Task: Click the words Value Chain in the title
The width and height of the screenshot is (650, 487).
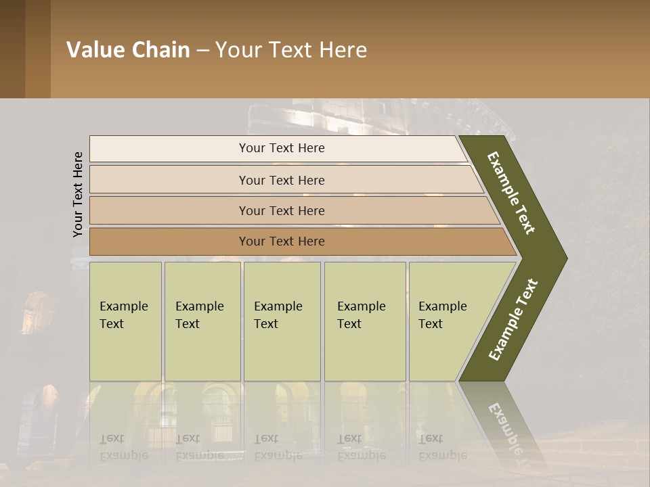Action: (x=128, y=50)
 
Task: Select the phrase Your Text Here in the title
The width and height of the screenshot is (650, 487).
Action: (x=291, y=50)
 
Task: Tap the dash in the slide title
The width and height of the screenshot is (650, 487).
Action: (x=202, y=51)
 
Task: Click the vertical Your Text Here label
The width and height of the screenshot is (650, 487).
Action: (x=78, y=194)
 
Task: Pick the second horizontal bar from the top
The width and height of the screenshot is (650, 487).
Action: (x=281, y=180)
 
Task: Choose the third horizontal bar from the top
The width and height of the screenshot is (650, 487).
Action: (x=281, y=210)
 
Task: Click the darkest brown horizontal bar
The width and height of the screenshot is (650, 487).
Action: (x=281, y=241)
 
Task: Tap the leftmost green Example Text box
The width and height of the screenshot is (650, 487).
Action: (x=125, y=321)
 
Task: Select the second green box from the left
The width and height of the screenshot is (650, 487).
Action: (x=202, y=321)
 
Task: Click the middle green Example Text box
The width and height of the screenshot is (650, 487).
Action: (x=282, y=321)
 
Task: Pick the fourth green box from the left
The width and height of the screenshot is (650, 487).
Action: (x=365, y=321)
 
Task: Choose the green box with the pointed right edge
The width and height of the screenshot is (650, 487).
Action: (x=447, y=321)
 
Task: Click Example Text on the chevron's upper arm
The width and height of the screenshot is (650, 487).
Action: (x=511, y=193)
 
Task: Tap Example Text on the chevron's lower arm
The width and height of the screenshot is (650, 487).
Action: (x=513, y=319)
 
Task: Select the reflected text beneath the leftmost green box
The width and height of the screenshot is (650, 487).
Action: (x=123, y=447)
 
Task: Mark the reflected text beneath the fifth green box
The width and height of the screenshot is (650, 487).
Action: (x=442, y=447)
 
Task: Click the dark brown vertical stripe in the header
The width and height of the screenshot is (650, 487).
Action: (x=12, y=49)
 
